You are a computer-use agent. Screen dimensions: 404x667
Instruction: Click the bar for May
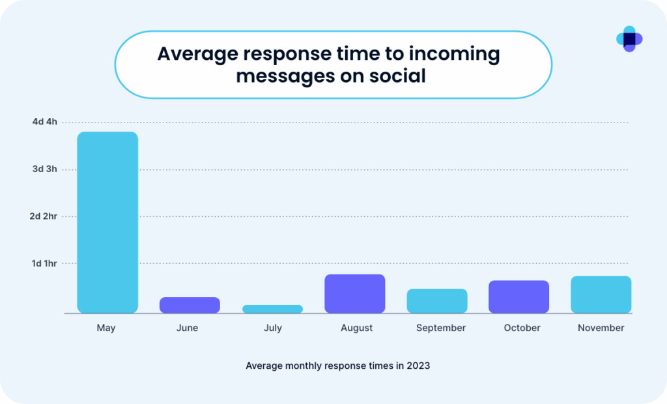click(x=107, y=222)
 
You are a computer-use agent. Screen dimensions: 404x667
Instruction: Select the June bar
click(x=190, y=305)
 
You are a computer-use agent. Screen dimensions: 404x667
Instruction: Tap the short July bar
click(x=272, y=309)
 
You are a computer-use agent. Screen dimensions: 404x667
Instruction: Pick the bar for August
click(x=354, y=293)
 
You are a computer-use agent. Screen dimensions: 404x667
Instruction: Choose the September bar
click(x=437, y=300)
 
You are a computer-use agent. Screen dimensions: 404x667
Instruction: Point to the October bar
click(x=518, y=296)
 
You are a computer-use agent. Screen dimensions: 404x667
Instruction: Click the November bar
click(x=601, y=294)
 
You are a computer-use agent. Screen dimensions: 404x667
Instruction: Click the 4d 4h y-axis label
click(x=44, y=122)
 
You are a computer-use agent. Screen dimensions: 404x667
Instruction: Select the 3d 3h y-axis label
click(x=44, y=169)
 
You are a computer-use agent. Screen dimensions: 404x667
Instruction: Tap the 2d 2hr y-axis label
click(x=43, y=216)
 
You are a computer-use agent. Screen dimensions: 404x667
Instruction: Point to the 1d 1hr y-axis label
click(x=44, y=263)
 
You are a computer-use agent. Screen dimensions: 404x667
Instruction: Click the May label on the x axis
click(x=106, y=328)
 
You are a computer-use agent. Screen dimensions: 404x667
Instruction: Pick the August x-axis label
click(x=356, y=328)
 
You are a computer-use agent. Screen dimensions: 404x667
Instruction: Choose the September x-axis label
click(x=441, y=328)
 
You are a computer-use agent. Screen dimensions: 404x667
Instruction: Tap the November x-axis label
click(x=601, y=328)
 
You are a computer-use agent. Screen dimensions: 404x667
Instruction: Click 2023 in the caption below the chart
click(x=419, y=366)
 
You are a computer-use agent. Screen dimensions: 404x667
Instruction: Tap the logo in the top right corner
click(x=629, y=39)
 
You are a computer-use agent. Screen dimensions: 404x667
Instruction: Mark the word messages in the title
click(x=281, y=76)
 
